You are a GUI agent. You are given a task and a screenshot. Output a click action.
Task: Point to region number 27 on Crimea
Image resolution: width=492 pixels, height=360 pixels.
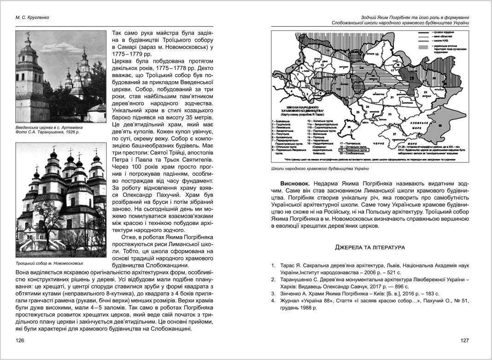(395, 134)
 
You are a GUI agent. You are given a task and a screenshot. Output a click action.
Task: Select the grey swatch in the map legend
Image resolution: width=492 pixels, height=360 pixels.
(423, 47)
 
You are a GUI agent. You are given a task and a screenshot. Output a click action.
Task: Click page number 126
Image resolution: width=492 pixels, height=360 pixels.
(19, 340)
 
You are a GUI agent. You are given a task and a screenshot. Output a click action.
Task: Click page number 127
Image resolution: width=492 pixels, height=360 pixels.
(464, 340)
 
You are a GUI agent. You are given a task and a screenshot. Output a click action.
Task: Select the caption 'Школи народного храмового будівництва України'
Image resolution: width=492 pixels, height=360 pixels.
(329, 169)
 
